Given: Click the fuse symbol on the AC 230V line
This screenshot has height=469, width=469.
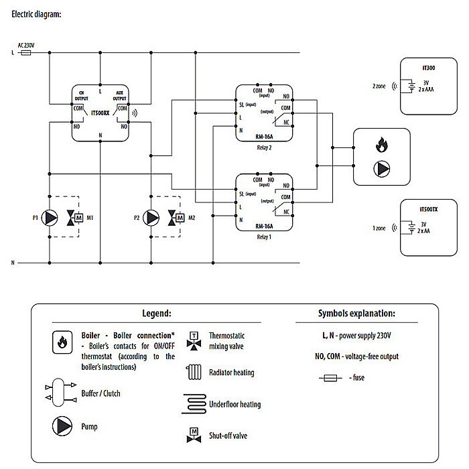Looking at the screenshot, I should (27, 50).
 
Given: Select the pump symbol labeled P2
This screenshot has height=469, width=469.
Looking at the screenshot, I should (151, 217).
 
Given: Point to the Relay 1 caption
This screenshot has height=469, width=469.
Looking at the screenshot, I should (263, 237).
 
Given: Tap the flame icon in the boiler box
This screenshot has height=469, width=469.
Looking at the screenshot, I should (381, 143).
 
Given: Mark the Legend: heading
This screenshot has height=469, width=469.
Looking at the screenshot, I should (157, 313).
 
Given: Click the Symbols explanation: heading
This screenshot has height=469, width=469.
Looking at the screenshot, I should (356, 313).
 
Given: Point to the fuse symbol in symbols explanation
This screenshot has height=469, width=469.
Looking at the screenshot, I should (330, 378).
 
